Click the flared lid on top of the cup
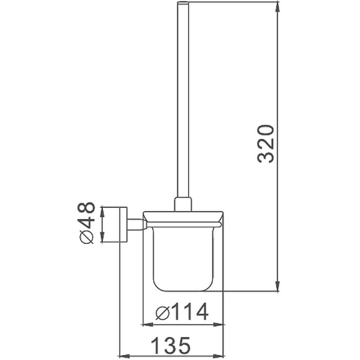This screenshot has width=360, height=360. [182, 217]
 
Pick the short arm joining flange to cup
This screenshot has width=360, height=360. [135, 223]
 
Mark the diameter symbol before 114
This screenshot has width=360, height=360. [160, 312]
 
